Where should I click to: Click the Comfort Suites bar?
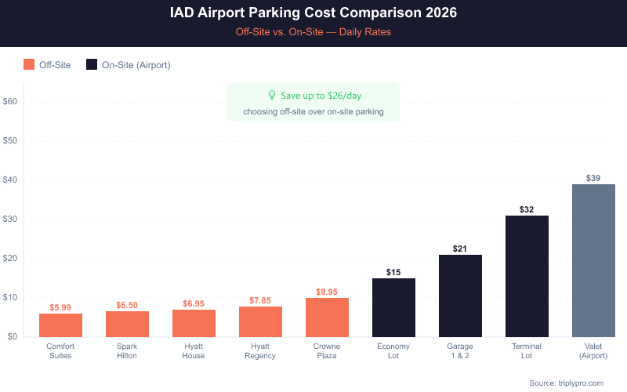(60, 325)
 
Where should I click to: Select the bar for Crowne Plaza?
(327, 318)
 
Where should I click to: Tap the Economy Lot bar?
(393, 307)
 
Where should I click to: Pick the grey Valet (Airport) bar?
(593, 260)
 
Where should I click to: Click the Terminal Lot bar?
(527, 276)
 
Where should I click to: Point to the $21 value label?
(460, 249)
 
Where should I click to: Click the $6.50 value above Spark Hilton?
(127, 305)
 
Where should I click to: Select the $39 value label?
(593, 178)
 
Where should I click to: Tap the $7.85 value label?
(260, 300)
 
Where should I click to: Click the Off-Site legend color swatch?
(29, 65)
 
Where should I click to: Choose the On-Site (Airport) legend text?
(136, 65)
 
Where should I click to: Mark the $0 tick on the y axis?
(13, 337)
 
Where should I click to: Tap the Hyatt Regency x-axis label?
(260, 350)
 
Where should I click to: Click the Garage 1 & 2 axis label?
(460, 350)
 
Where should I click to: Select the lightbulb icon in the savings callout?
(272, 96)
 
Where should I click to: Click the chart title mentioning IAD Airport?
(313, 14)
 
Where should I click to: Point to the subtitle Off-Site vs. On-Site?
(313, 32)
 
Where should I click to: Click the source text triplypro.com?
(566, 383)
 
